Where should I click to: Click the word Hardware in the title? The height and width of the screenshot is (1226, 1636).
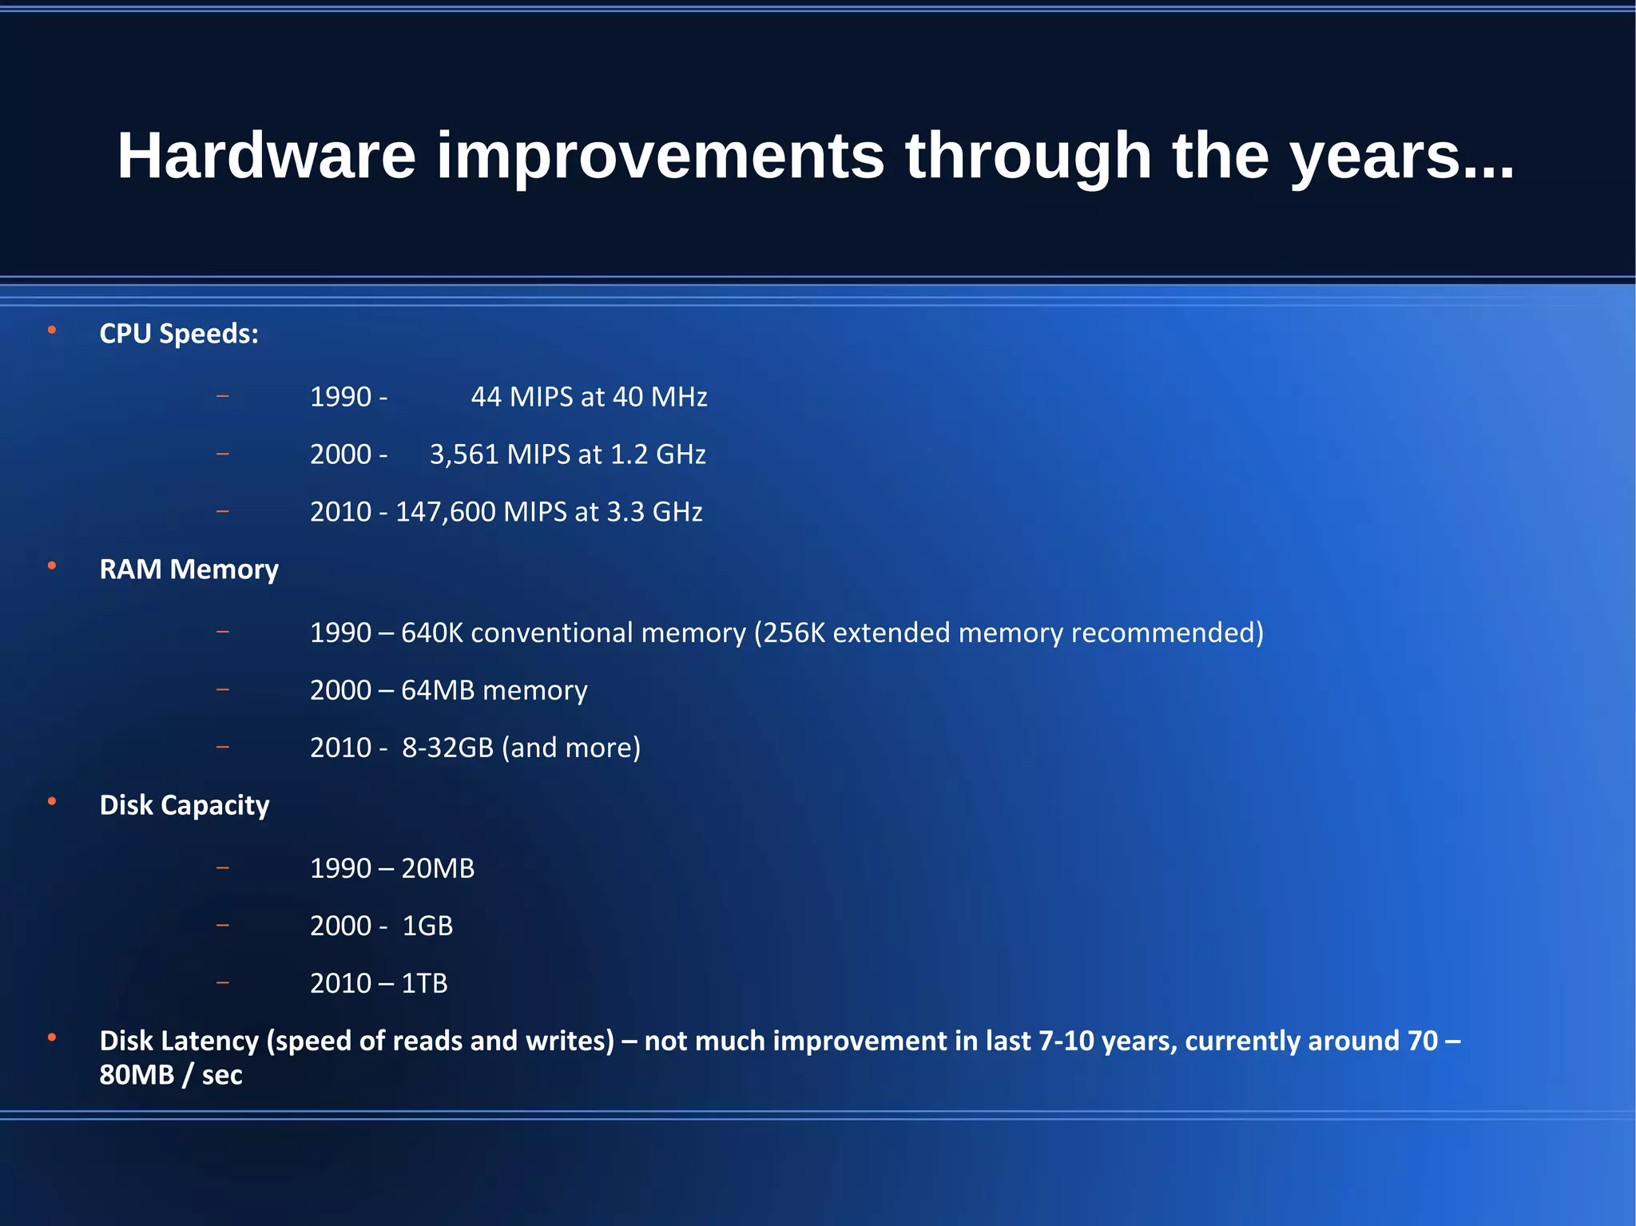(x=266, y=156)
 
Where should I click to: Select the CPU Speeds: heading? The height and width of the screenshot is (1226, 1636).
(x=179, y=334)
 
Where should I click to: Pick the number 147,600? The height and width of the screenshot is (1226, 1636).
(x=445, y=512)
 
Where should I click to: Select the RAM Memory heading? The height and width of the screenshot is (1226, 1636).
(x=189, y=569)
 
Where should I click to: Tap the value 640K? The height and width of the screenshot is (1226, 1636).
(x=431, y=633)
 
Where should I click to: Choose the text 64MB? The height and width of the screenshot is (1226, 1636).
(x=438, y=690)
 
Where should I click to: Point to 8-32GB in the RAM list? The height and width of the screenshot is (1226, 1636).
(x=447, y=748)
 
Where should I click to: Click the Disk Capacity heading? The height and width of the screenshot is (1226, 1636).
(x=184, y=805)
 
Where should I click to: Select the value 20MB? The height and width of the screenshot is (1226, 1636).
(x=438, y=868)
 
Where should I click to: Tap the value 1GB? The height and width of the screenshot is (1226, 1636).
(x=427, y=926)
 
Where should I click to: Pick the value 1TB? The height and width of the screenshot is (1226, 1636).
(x=424, y=983)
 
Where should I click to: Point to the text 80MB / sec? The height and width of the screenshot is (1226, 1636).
(x=170, y=1075)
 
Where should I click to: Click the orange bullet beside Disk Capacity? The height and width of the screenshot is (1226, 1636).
(x=52, y=801)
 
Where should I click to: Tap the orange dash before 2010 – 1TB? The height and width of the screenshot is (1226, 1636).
(x=223, y=982)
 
